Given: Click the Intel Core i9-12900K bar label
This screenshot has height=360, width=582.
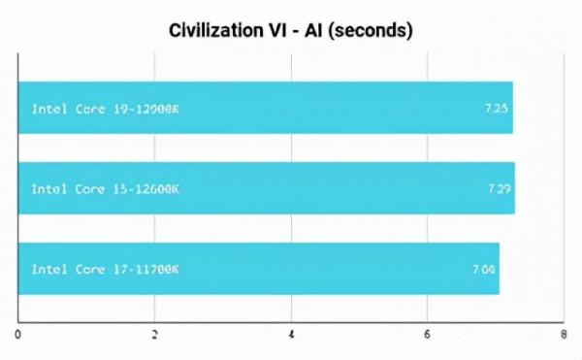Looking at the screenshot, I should coord(106,109).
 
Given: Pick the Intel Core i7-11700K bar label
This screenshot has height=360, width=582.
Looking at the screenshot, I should coord(106,269).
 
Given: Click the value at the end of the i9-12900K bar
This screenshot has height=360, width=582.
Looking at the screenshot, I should coord(497,109).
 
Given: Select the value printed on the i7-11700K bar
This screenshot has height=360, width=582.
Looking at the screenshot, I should coord(484,269).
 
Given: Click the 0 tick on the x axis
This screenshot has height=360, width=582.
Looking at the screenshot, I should coord(18,335).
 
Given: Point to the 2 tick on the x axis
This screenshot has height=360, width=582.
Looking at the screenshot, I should coord(155,335).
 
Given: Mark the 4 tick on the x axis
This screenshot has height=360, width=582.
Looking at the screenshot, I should coord(292,335).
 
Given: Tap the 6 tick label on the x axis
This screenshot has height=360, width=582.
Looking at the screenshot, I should coord(428,335).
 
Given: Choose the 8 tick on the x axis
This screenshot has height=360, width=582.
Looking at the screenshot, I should coord(564,335).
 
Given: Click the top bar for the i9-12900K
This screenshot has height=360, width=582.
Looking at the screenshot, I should coord(291,109).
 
